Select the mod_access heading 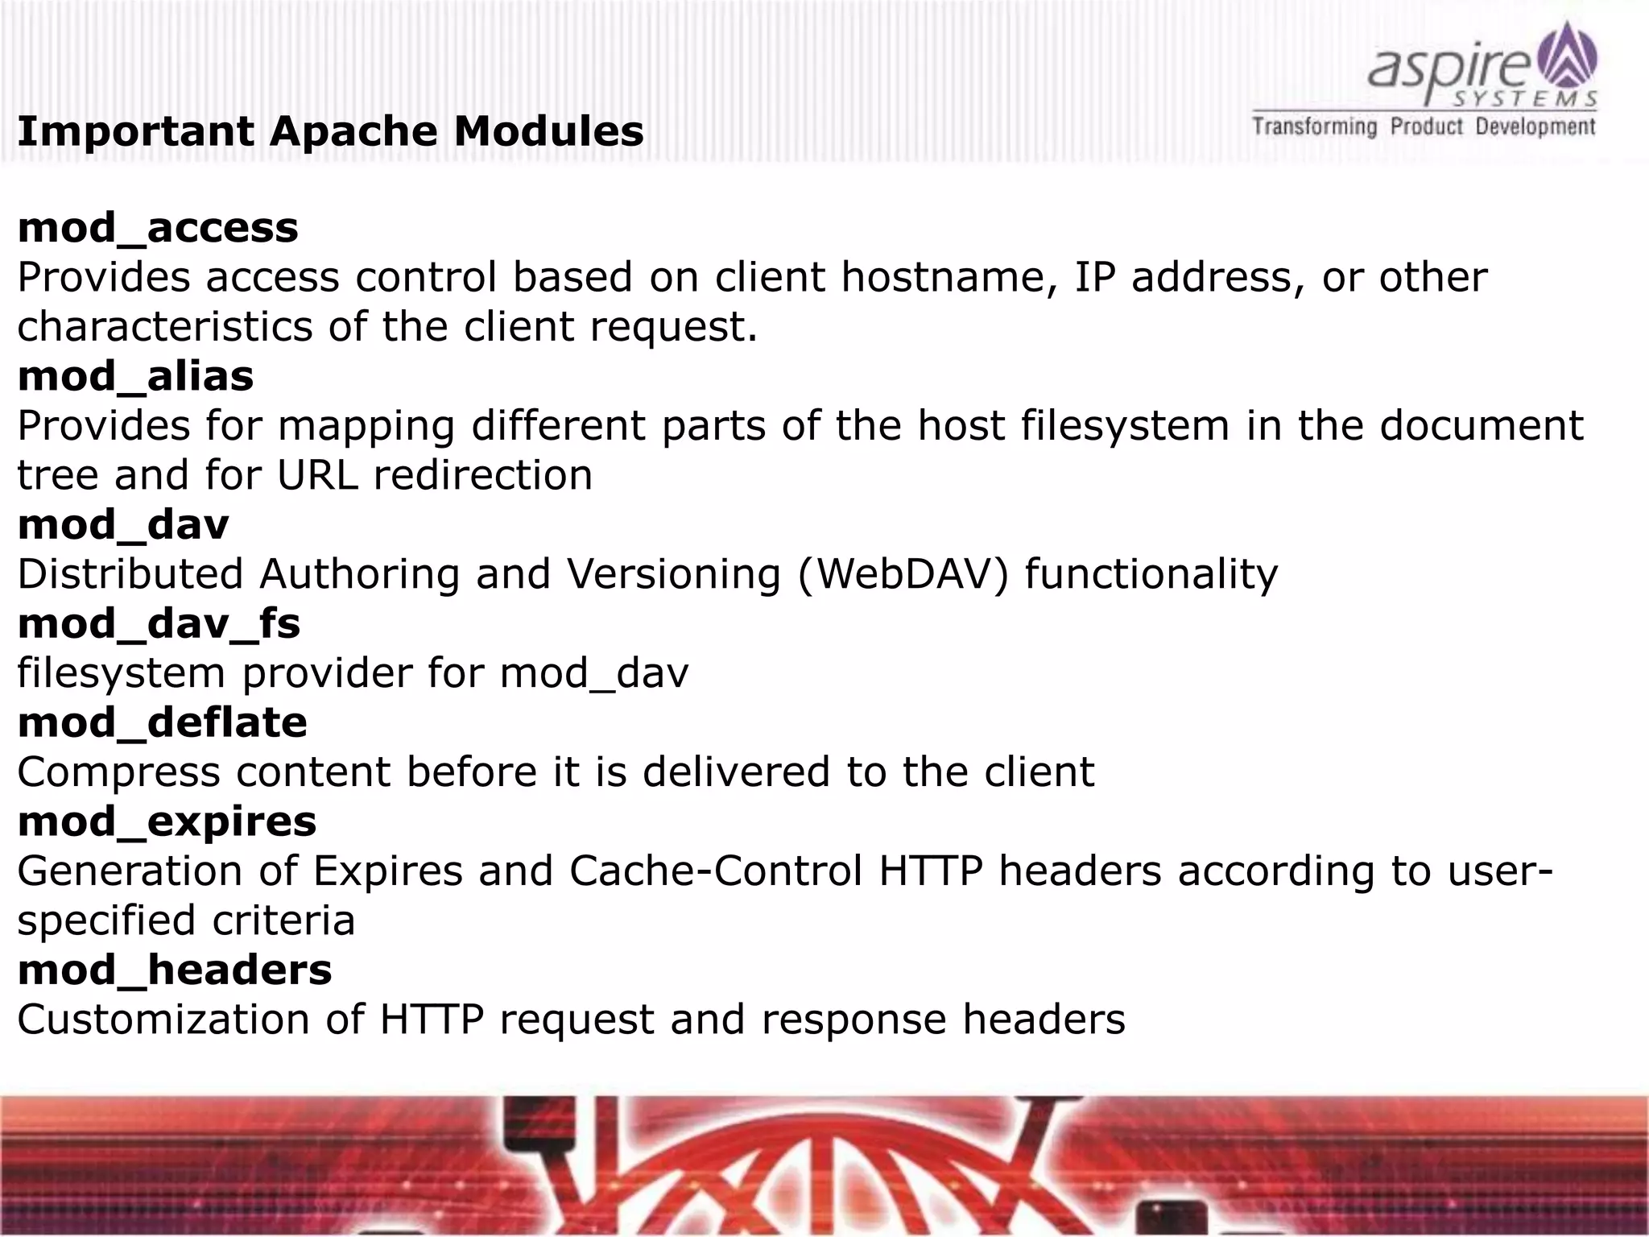158,228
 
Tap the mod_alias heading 135,376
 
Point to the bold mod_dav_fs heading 159,624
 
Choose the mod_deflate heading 162,722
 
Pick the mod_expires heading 167,821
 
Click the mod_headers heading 174,970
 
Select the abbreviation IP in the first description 1094,278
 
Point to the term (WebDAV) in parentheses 903,575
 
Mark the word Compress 118,772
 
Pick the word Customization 163,1020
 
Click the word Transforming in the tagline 1314,127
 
